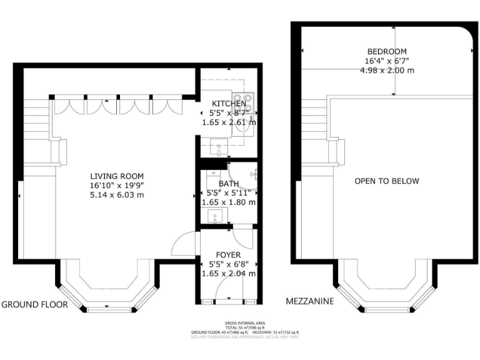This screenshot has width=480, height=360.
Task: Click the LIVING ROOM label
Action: [x=117, y=176]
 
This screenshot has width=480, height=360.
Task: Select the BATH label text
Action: [x=228, y=183]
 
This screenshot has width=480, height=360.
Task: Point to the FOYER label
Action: [x=228, y=255]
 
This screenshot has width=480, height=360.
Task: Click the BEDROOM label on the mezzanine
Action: [x=387, y=51]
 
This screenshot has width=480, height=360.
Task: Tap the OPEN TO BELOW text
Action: [x=387, y=181]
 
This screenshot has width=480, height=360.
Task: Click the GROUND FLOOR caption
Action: [x=29, y=305]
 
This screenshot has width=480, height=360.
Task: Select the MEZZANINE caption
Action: [x=310, y=301]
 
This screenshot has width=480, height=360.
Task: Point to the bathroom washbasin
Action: [x=216, y=217]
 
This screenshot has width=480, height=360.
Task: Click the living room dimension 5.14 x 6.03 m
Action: [x=117, y=195]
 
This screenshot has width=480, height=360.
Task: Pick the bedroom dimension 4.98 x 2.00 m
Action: [x=387, y=71]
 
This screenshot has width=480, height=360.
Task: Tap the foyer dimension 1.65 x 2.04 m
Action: [x=228, y=274]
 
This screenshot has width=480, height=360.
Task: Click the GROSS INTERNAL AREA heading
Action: [x=244, y=323]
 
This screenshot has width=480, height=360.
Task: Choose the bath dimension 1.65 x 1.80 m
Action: [x=228, y=202]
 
